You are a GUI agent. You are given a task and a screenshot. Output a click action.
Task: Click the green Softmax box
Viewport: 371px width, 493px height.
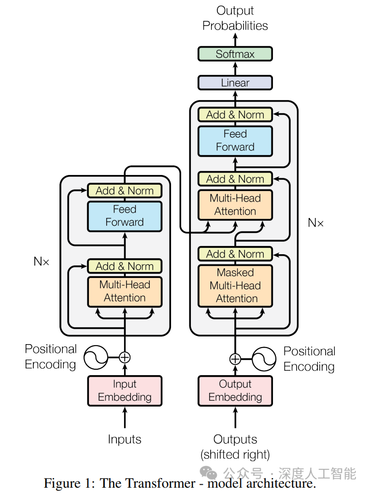click(235, 54)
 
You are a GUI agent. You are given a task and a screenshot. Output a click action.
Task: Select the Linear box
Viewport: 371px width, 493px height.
click(235, 83)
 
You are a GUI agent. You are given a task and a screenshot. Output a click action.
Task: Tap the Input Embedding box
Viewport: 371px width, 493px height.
click(125, 391)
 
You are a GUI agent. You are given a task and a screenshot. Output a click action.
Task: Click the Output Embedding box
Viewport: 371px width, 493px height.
click(235, 391)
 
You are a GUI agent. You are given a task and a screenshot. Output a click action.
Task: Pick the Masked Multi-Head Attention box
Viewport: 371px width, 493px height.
click(235, 286)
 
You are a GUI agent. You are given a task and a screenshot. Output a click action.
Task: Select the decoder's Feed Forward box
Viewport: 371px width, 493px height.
click(235, 141)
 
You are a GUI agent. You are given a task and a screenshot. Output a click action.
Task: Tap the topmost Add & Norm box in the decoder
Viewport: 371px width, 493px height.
click(235, 115)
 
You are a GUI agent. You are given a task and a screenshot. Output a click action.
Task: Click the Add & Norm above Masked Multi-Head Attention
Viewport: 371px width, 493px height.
click(235, 254)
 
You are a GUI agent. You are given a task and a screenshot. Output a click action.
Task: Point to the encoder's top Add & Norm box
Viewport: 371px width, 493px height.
click(125, 190)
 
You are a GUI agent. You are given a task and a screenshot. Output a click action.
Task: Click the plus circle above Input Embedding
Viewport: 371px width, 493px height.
click(125, 358)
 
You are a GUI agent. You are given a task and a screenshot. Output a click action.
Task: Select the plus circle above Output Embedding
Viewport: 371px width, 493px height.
click(235, 359)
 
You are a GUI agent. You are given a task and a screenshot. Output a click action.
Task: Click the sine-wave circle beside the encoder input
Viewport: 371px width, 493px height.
click(96, 358)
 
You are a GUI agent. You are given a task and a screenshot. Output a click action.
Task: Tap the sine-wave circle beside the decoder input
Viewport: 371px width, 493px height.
click(264, 359)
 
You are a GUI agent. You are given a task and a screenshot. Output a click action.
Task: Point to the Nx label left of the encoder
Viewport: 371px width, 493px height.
click(42, 261)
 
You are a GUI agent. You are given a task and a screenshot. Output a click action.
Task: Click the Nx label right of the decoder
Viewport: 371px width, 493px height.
click(316, 223)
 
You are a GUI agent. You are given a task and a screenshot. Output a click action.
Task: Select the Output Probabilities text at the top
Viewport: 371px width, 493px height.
click(235, 18)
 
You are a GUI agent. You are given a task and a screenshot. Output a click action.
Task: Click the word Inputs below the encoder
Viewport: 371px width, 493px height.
click(125, 439)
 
